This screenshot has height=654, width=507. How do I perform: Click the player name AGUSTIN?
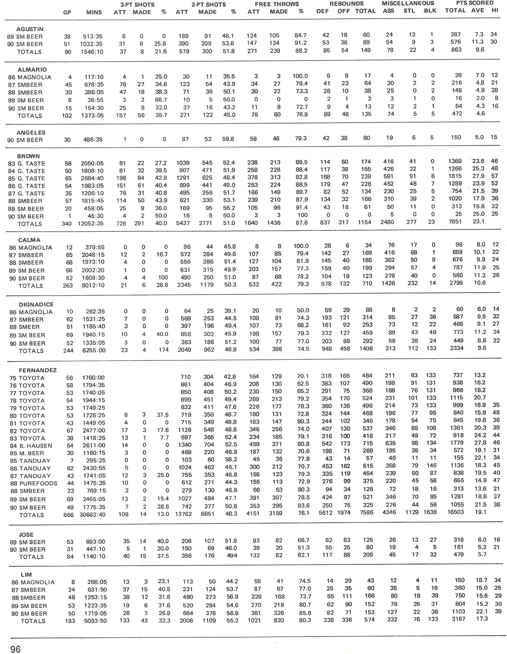click(x=30, y=29)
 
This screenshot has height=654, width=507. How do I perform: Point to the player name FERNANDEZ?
click(x=38, y=370)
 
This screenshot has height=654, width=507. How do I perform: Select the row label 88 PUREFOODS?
click(x=33, y=483)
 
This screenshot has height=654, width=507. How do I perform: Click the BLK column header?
click(x=430, y=11)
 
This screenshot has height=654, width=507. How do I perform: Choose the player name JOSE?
click(x=26, y=534)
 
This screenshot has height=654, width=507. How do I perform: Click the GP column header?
click(x=67, y=12)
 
